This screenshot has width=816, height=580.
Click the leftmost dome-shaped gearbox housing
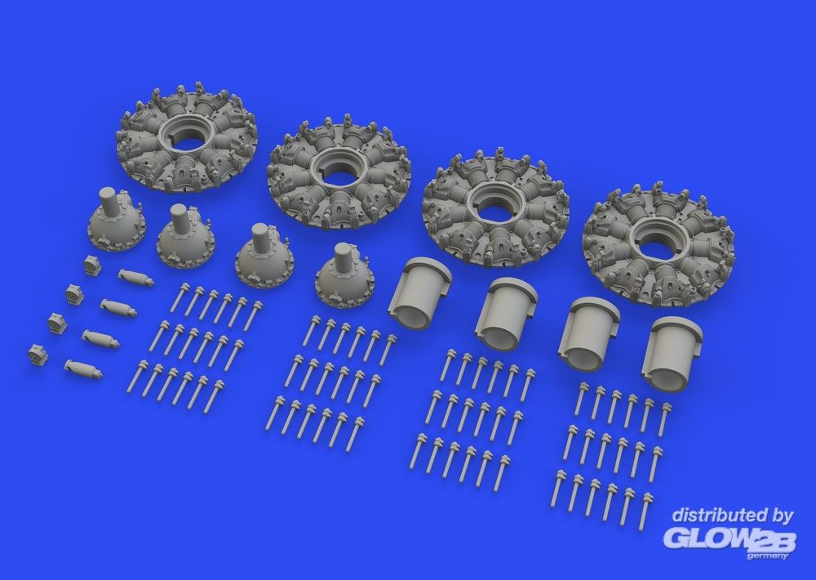(117, 218)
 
